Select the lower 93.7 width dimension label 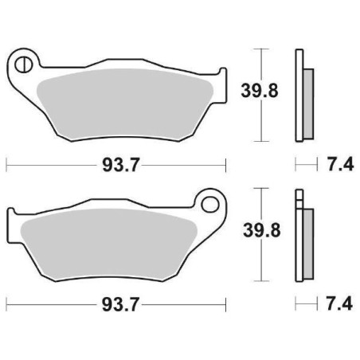pos(116,303)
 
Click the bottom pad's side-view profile pos(301,236)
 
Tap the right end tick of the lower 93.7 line pos(227,303)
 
